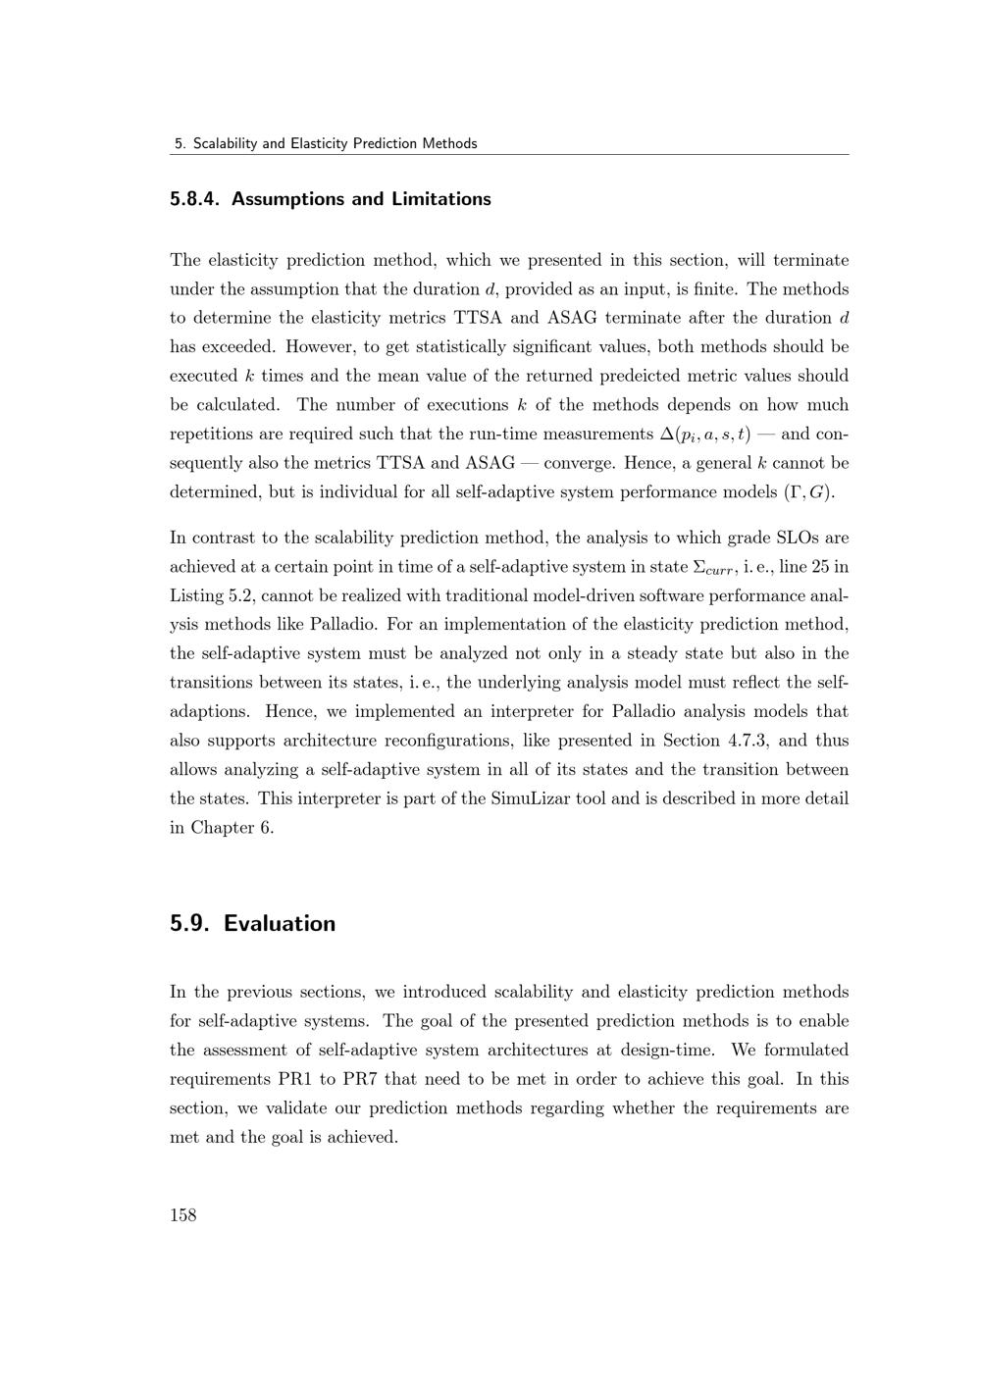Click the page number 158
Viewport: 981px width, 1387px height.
(183, 1215)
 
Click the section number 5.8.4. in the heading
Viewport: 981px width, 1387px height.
(197, 199)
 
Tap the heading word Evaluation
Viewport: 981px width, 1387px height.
(280, 923)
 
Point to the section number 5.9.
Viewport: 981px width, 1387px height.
(190, 923)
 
